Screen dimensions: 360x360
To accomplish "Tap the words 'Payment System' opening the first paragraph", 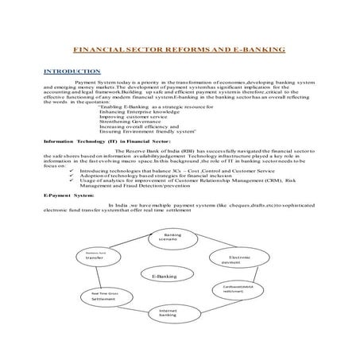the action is (91, 82).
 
